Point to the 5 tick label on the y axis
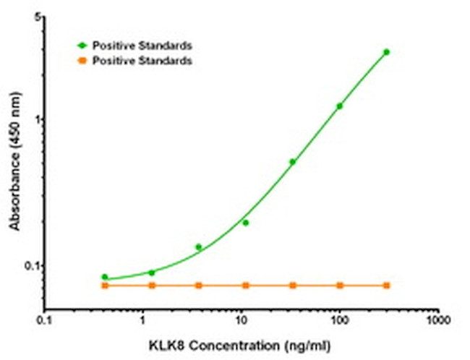(37, 17)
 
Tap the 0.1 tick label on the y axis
(33, 265)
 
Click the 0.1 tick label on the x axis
(46, 320)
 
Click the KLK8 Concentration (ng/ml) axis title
(241, 344)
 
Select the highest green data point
(386, 52)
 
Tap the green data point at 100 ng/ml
(339, 106)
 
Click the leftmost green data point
(105, 277)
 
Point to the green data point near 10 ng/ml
(246, 223)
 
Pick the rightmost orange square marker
(386, 286)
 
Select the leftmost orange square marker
(105, 286)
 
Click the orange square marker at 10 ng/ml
(246, 286)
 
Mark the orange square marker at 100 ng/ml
(339, 286)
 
